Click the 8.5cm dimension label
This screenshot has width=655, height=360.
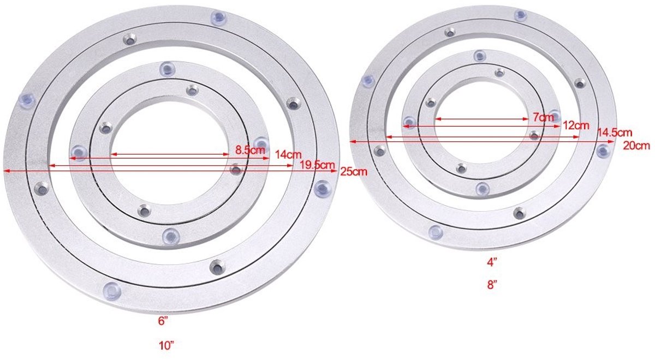[250, 150]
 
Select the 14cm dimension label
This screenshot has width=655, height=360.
[288, 154]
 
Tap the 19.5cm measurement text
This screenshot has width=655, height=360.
[317, 165]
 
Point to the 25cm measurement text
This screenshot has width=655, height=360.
[354, 171]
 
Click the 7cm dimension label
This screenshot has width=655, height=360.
[543, 117]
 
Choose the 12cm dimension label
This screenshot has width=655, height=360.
[576, 125]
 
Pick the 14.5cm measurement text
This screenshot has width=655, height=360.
[615, 133]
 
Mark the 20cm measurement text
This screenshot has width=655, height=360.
[636, 146]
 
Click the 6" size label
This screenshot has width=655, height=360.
[164, 321]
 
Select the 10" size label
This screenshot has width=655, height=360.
[166, 346]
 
